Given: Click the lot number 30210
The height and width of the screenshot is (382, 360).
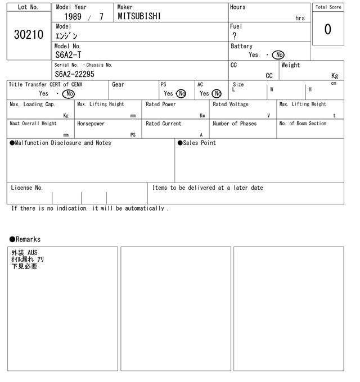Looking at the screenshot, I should [x=28, y=35].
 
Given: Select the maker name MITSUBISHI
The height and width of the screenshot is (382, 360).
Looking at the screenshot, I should [x=139, y=16].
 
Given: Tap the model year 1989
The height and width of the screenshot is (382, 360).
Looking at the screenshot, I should [x=73, y=17].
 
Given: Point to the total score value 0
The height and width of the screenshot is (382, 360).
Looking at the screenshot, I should [x=328, y=29].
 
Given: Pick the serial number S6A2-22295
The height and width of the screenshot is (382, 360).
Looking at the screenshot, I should [x=75, y=74].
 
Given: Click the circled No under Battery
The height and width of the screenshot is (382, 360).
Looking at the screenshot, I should [x=278, y=55].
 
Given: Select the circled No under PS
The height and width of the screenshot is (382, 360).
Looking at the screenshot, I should [x=181, y=94].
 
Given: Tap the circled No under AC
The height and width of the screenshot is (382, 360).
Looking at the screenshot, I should [x=217, y=94].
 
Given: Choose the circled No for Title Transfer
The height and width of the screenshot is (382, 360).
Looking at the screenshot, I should [x=69, y=94].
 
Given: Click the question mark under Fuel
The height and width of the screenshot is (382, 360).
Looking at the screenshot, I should [x=234, y=36].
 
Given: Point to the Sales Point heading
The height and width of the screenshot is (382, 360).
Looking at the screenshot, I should [x=197, y=143].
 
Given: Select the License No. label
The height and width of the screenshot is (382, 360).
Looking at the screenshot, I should [x=26, y=188].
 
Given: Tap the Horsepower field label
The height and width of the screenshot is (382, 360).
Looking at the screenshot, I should [x=91, y=124].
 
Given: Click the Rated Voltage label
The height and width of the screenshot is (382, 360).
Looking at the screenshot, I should [x=230, y=104].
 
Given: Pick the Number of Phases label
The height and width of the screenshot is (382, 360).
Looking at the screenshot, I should [x=235, y=124].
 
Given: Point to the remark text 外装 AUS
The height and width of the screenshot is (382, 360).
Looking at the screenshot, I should [x=24, y=253].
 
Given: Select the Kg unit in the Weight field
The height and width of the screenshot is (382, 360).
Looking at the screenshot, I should [x=335, y=75].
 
